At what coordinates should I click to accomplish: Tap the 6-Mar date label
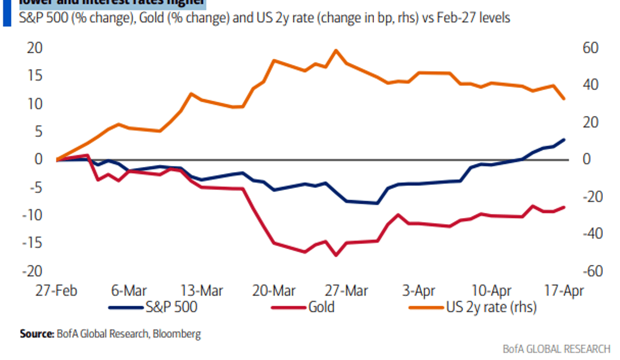pyautogui.click(x=129, y=291)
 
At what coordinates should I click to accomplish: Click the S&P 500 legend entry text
pyautogui.click(x=171, y=308)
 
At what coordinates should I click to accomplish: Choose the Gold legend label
pyautogui.click(x=321, y=308)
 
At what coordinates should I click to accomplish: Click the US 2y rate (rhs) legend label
pyautogui.click(x=491, y=308)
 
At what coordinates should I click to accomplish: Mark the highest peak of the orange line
pyautogui.click(x=336, y=51)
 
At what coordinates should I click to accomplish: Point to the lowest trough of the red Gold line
pyautogui.click(x=336, y=255)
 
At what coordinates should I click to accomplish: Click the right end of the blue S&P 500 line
pyautogui.click(x=563, y=139)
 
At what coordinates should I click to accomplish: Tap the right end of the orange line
pyautogui.click(x=563, y=99)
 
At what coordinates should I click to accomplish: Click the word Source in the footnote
pyautogui.click(x=37, y=334)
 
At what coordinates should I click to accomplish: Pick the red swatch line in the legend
pyautogui.click(x=288, y=308)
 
